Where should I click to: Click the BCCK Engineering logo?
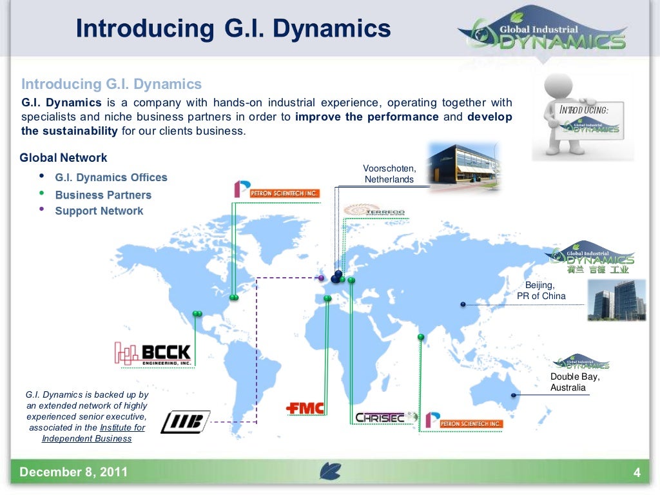tap(153, 354)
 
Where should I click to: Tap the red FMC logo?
tap(305, 408)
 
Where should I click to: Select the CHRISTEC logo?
tap(380, 418)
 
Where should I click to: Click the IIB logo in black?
tap(185, 422)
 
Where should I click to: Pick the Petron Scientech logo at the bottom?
tap(463, 420)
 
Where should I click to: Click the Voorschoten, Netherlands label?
tap(389, 174)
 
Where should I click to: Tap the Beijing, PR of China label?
tap(541, 291)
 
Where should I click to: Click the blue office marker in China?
tap(463, 304)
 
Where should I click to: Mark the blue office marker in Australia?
tap(514, 395)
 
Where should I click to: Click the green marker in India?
tap(421, 336)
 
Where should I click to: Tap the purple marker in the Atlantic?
tap(321, 278)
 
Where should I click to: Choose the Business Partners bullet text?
tap(103, 195)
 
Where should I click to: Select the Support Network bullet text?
tap(99, 211)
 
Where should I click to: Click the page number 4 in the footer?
tap(637, 474)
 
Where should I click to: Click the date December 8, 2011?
tap(73, 472)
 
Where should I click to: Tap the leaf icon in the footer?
tap(330, 472)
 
